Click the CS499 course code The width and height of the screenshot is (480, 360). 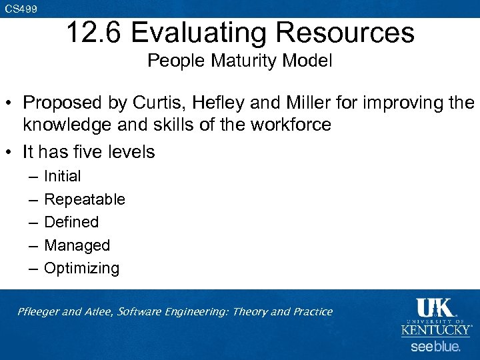[x=20, y=9]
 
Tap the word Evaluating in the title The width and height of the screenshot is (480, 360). [x=197, y=33]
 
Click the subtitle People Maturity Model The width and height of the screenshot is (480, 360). [x=240, y=61]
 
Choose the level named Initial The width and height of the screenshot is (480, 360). [x=62, y=176]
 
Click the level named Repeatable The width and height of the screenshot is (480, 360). [x=84, y=199]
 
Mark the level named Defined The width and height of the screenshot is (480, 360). [x=71, y=222]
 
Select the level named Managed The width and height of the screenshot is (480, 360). [x=77, y=245]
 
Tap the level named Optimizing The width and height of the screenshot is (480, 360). [x=81, y=269]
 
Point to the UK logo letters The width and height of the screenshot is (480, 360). [x=435, y=309]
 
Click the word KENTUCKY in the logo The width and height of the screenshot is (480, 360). [x=437, y=330]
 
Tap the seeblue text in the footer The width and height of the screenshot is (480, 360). [x=435, y=347]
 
